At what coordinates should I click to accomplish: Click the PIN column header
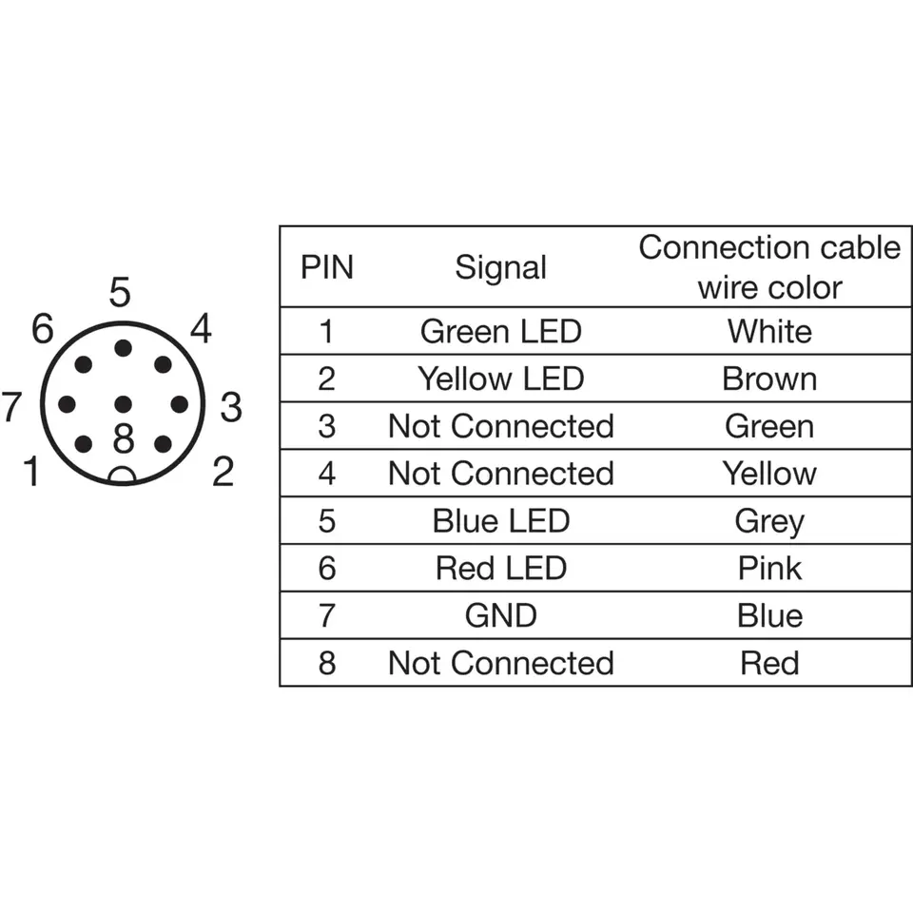pyautogui.click(x=326, y=268)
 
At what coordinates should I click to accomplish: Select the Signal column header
pyautogui.click(x=501, y=268)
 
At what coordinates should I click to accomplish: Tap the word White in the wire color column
pyautogui.click(x=769, y=331)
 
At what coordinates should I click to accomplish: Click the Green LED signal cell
pyautogui.click(x=501, y=331)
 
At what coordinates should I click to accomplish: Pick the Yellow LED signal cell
pyautogui.click(x=501, y=379)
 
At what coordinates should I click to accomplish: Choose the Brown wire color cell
pyautogui.click(x=769, y=379)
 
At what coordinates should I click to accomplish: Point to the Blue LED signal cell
pyautogui.click(x=501, y=520)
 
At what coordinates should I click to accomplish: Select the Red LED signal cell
pyautogui.click(x=501, y=568)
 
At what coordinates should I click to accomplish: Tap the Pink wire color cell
pyautogui.click(x=769, y=568)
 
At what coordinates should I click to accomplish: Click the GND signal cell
pyautogui.click(x=501, y=615)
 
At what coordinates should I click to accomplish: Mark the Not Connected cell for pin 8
pyautogui.click(x=501, y=663)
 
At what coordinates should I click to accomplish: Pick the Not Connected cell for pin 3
pyautogui.click(x=501, y=426)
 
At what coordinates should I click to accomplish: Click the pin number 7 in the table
pyautogui.click(x=326, y=615)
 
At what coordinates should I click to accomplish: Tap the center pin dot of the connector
pyautogui.click(x=123, y=403)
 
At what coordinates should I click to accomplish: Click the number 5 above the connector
pyautogui.click(x=120, y=292)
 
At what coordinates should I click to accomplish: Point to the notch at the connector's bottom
pyautogui.click(x=123, y=476)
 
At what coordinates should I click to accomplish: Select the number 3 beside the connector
pyautogui.click(x=231, y=406)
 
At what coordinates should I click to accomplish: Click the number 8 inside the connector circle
pyautogui.click(x=124, y=438)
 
